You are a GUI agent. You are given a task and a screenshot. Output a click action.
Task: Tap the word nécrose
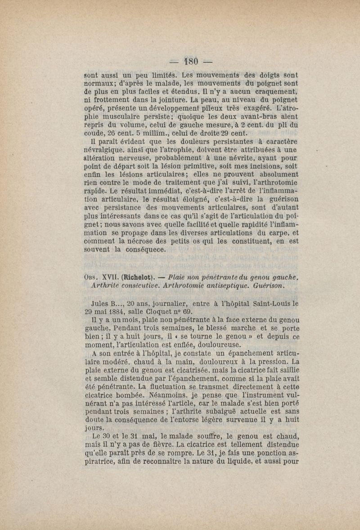pyautogui.click(x=149, y=241)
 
